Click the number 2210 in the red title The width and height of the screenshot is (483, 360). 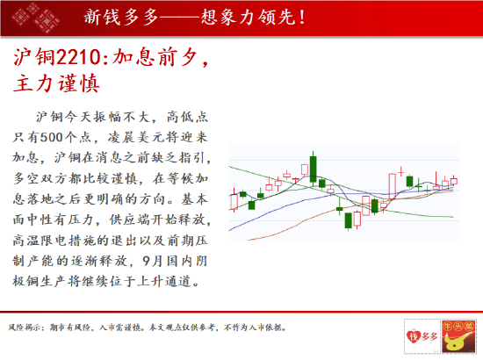pos(78,57)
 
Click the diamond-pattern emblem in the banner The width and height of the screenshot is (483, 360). pos(35,17)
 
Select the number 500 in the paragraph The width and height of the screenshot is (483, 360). pos(52,137)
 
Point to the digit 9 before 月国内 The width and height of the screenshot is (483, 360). pos(147,261)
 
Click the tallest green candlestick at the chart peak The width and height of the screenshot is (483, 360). pos(313,169)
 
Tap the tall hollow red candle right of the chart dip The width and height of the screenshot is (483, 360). pos(393,187)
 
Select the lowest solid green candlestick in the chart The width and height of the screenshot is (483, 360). pos(348,220)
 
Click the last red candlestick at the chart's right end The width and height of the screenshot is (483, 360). pos(454,181)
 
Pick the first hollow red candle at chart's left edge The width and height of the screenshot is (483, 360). pos(234,201)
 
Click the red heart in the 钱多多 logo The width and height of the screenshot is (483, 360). pos(412,335)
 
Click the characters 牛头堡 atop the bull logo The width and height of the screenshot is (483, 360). pos(458,327)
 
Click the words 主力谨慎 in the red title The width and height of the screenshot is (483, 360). pos(56,83)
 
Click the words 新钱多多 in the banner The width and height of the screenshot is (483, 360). pos(121,17)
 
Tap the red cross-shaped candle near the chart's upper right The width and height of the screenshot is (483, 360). pos(400,172)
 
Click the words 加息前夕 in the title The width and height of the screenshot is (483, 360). pos(154,57)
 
